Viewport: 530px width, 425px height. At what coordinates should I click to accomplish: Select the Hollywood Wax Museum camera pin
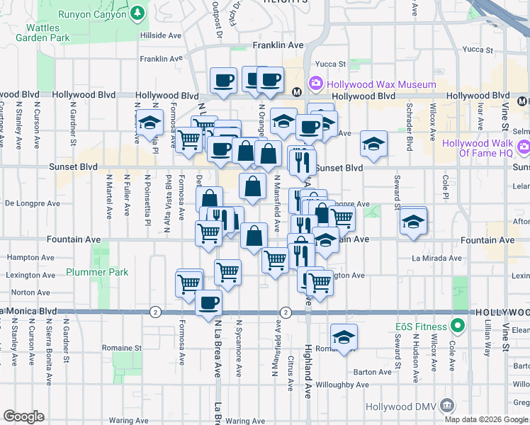tap(315, 84)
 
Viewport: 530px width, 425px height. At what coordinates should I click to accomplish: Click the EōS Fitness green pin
tap(458, 327)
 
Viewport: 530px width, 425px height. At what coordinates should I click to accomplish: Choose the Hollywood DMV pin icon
tap(446, 405)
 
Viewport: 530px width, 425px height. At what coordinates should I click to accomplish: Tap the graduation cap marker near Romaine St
tap(344, 336)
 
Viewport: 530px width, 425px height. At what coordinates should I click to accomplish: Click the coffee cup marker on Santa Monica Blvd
tap(208, 302)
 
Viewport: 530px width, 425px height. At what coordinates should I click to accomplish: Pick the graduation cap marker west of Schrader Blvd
tap(373, 144)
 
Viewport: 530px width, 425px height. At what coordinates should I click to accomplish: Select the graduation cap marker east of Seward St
tap(413, 221)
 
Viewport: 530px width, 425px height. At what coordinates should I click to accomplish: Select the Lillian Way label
tap(488, 337)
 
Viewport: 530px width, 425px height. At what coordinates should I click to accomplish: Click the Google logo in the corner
tap(23, 416)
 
